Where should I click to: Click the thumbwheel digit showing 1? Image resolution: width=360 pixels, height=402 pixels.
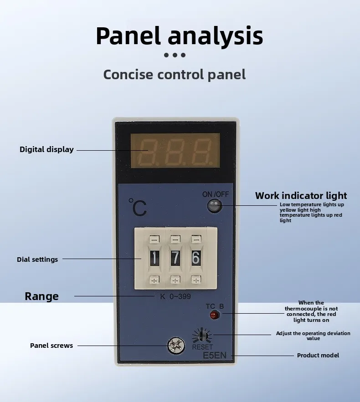[x=154, y=258]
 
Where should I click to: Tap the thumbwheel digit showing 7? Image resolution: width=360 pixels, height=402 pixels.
[x=175, y=258]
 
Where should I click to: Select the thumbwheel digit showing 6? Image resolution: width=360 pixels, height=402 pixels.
[x=196, y=258]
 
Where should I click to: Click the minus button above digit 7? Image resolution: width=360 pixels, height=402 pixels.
[x=175, y=239]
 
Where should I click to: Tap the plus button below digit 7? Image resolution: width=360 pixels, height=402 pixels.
[x=175, y=280]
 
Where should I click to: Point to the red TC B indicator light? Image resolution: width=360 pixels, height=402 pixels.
[x=215, y=315]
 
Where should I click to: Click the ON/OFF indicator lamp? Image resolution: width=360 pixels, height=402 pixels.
[x=215, y=206]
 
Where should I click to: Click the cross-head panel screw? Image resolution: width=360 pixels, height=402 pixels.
[x=176, y=346]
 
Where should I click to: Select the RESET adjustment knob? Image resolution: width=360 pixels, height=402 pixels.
[x=202, y=335]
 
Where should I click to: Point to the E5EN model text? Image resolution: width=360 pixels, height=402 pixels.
[x=215, y=356]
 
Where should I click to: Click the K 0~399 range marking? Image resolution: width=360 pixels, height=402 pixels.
[x=175, y=297]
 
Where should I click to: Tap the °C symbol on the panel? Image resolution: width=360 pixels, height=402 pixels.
[x=138, y=208]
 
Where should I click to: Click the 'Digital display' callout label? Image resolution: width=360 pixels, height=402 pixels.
[x=46, y=149]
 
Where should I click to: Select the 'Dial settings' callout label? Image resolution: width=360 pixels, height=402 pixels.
[x=37, y=260]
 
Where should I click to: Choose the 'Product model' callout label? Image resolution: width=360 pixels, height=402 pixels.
[x=318, y=356]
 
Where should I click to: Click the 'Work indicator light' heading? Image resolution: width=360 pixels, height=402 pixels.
[x=301, y=196]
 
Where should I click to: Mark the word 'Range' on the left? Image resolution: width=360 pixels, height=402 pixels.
[x=42, y=296]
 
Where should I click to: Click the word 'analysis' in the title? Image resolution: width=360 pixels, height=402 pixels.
[x=216, y=36]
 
